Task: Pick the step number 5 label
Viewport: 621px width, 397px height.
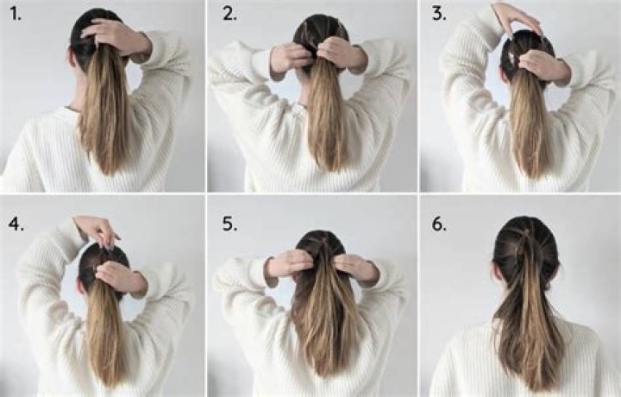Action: click(229, 223)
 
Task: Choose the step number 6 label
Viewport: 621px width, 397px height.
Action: click(439, 223)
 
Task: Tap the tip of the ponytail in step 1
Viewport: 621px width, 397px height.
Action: click(108, 168)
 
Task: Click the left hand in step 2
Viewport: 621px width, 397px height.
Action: click(290, 57)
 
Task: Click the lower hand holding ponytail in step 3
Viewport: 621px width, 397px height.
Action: click(538, 64)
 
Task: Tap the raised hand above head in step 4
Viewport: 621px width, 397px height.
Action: click(96, 230)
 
